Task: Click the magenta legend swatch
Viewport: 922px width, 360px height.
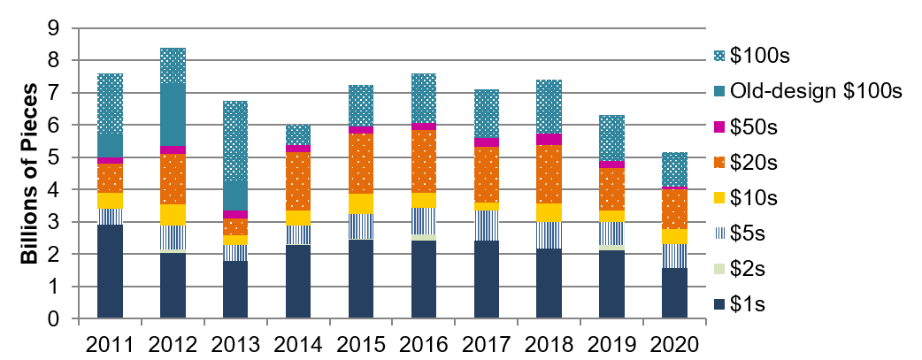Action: click(x=719, y=126)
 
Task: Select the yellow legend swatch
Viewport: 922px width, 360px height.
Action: click(x=719, y=198)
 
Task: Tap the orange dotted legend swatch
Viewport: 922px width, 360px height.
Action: click(x=719, y=163)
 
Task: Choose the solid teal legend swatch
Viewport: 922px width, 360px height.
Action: click(x=719, y=91)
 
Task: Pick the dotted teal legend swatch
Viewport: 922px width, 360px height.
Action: click(x=719, y=56)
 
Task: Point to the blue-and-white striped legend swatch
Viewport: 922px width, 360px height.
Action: click(x=719, y=234)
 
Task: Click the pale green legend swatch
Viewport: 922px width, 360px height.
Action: click(x=719, y=269)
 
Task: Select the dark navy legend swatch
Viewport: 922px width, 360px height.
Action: click(x=719, y=304)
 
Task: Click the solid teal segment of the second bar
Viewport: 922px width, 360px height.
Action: click(x=173, y=115)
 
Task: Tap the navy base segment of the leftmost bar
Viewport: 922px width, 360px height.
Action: click(x=110, y=271)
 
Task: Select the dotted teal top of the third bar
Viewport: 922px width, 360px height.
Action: click(x=235, y=141)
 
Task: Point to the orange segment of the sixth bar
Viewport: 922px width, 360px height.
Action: click(x=424, y=161)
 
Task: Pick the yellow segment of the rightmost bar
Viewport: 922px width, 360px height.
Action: click(x=674, y=236)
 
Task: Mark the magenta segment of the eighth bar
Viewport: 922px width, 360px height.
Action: click(x=549, y=139)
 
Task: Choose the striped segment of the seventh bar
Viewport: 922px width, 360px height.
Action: click(x=487, y=226)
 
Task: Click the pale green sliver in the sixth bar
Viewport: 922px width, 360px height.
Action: click(x=424, y=237)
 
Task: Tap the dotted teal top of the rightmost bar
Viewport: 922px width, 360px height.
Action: click(x=674, y=169)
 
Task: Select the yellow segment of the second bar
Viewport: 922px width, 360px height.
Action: click(x=173, y=215)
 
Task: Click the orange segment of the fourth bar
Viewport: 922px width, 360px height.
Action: click(x=298, y=181)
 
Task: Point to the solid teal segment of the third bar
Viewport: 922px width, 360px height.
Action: click(x=235, y=195)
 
